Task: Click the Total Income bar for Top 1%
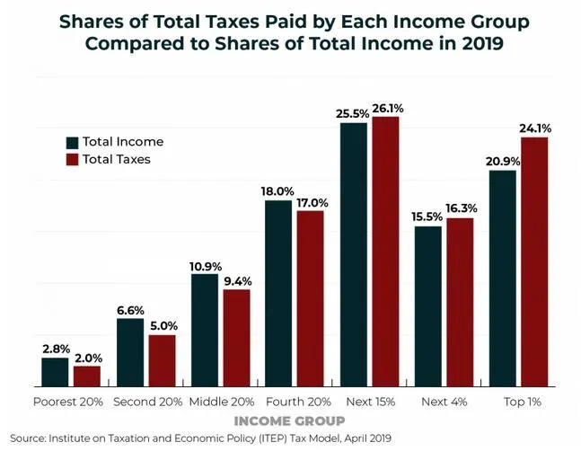502,279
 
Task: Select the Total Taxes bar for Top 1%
534,261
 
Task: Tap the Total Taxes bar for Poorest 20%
87,376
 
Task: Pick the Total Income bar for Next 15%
353,255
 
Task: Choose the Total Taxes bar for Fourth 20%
310,298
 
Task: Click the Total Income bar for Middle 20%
205,331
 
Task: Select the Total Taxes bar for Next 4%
459,302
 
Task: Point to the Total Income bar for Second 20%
130,352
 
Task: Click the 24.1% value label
534,128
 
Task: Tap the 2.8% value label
55,349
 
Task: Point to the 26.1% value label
386,108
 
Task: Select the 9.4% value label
237,280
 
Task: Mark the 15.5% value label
427,217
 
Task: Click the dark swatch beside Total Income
72,142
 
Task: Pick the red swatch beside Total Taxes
72,159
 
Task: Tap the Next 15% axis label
369,401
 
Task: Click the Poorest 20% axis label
68,401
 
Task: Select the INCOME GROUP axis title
288,420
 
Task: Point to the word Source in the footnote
29,438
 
